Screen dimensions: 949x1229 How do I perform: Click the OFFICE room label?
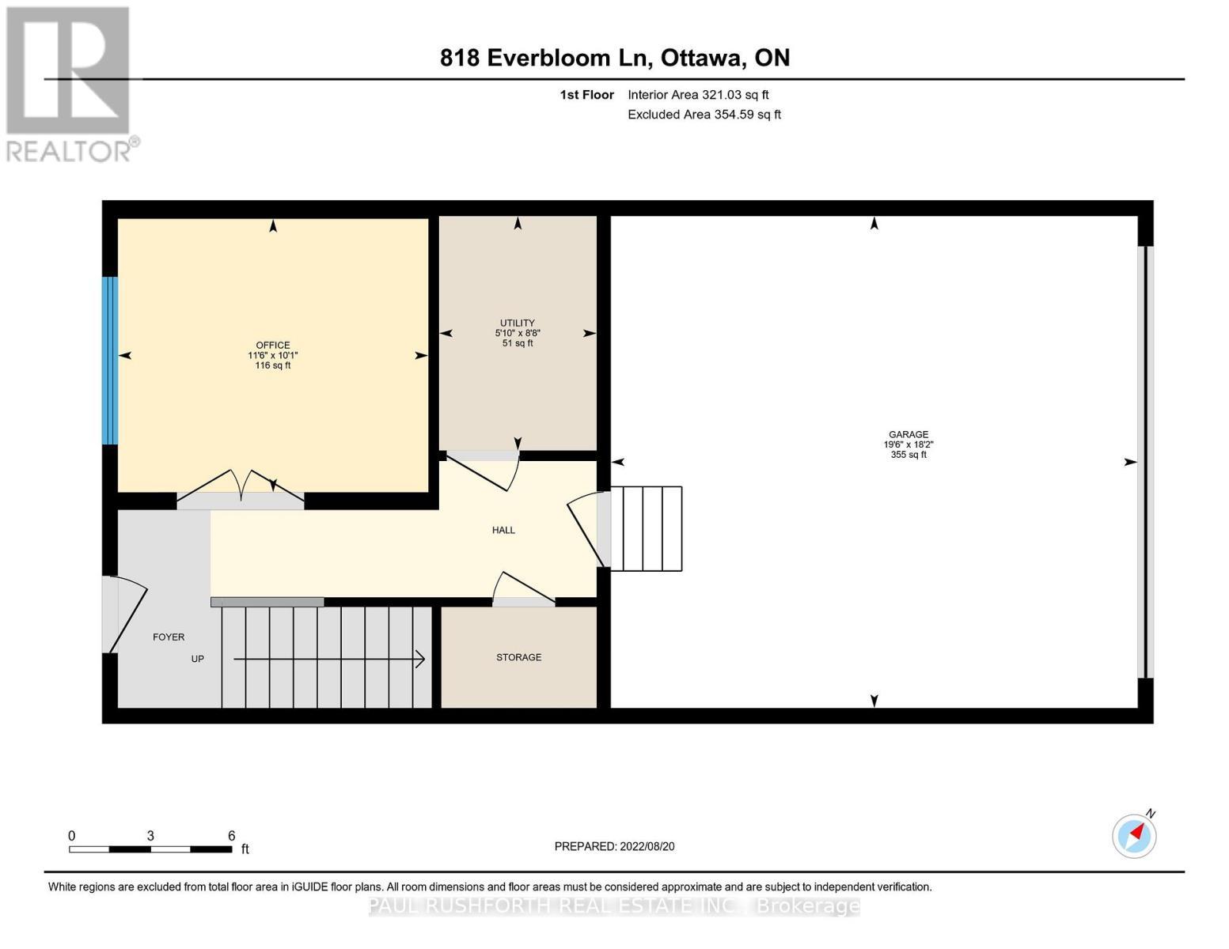pos(272,346)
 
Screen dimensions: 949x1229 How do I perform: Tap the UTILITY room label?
pos(517,323)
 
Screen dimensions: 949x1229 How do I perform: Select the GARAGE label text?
pos(908,435)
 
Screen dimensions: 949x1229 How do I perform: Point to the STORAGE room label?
pos(518,657)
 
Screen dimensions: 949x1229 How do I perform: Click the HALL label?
pos(503,531)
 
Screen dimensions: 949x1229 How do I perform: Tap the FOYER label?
pos(169,637)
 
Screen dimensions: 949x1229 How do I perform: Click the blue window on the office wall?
pos(110,361)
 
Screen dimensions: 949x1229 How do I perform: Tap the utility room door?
pos(483,468)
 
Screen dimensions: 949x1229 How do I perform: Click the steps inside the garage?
pos(651,528)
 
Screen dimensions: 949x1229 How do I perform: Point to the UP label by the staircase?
pos(197,659)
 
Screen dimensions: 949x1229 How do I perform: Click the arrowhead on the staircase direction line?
pos(420,659)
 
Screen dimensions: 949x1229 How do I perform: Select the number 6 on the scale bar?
pos(231,835)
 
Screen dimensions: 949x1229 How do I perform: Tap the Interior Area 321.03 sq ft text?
pos(698,95)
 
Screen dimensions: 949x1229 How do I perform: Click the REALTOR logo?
pos(70,84)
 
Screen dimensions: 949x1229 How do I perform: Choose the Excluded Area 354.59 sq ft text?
pos(704,115)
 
